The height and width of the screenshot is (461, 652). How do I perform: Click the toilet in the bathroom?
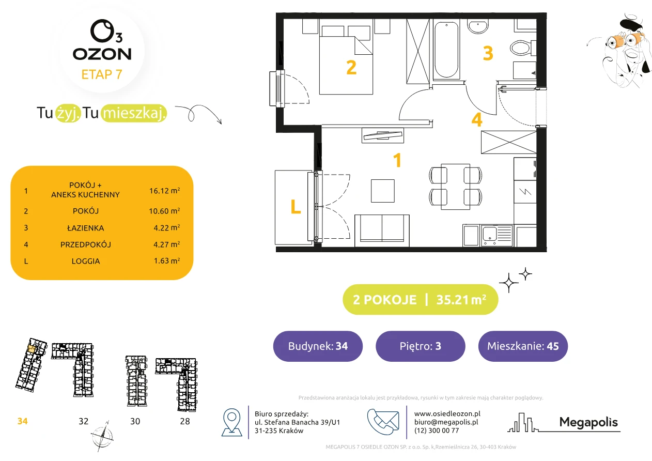[x=523, y=48]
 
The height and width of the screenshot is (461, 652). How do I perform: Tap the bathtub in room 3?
[x=446, y=50]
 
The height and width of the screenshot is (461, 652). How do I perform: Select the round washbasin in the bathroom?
[x=478, y=26]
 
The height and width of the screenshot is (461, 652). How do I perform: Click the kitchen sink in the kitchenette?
[x=496, y=235]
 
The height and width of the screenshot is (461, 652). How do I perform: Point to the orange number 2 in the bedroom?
[x=351, y=68]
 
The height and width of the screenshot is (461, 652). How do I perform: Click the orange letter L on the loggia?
[x=296, y=207]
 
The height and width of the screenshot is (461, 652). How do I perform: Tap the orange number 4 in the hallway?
[x=477, y=119]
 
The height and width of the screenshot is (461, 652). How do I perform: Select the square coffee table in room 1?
[x=382, y=191]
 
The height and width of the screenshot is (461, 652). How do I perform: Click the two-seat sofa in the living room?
[x=382, y=230]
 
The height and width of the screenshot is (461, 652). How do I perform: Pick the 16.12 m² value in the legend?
[x=164, y=191]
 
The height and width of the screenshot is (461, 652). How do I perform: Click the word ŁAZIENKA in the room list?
[x=86, y=228]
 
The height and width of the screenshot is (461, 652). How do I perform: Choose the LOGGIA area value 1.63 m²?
[x=167, y=260]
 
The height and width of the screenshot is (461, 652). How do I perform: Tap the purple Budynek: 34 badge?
[x=318, y=346]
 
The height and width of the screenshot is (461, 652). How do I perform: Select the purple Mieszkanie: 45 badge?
[x=523, y=346]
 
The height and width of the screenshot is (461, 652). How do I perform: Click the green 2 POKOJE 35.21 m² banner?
[x=421, y=299]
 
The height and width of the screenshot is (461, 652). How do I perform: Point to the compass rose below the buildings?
[x=102, y=436]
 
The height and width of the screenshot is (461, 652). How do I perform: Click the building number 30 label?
[x=135, y=421]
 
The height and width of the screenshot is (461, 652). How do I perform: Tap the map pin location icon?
[x=231, y=422]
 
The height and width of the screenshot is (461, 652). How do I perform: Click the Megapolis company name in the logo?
[x=588, y=422]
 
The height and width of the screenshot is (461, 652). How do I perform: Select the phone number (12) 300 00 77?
[x=437, y=431]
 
